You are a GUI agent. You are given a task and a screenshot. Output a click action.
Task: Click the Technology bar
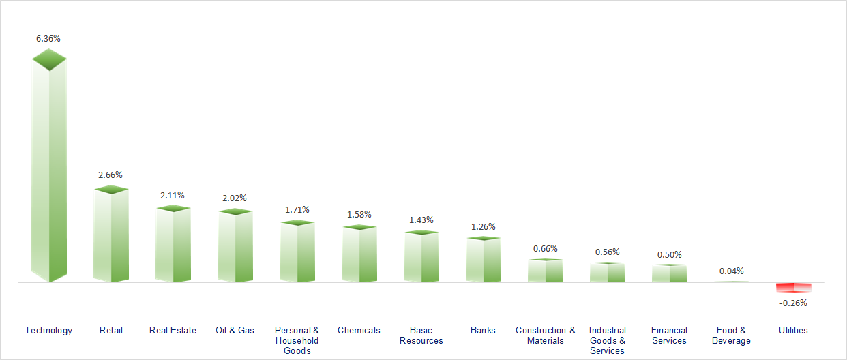click(49, 170)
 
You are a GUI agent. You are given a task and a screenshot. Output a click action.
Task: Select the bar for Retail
click(111, 235)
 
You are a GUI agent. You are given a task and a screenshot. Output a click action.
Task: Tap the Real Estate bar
click(173, 245)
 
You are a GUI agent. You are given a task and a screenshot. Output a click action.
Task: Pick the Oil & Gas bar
click(235, 247)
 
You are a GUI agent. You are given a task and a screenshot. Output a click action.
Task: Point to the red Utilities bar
click(794, 287)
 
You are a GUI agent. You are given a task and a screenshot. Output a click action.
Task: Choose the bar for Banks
click(484, 260)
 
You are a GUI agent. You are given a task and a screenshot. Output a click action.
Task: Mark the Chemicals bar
click(359, 254)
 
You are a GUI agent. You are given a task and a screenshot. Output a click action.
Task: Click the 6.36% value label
click(48, 39)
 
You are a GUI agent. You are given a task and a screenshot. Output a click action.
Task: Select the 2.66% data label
click(110, 175)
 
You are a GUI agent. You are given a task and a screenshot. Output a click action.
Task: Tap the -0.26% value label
click(794, 303)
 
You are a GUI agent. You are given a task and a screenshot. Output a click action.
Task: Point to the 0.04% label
click(732, 271)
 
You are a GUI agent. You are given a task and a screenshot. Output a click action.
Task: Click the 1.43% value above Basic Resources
click(421, 220)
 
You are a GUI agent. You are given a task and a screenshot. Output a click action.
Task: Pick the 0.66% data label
click(546, 249)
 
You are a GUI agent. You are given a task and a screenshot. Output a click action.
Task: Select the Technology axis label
click(48, 331)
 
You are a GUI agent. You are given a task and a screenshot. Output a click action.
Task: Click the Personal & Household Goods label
click(297, 340)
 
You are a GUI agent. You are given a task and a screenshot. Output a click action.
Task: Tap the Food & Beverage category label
click(732, 335)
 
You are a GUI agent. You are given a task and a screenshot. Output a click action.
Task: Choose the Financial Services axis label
click(670, 335)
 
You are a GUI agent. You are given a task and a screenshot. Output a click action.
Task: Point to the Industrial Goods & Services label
click(608, 340)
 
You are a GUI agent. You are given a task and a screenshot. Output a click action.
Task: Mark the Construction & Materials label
click(546, 335)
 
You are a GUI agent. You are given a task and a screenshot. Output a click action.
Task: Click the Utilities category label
click(793, 331)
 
